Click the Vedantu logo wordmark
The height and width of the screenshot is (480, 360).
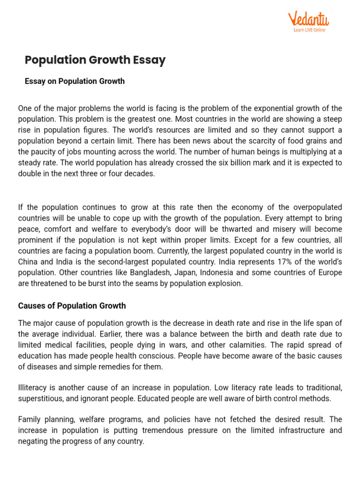pos(308,19)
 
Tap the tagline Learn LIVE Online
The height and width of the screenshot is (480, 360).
pos(309,30)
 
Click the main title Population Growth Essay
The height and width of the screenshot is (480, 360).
pos(95,60)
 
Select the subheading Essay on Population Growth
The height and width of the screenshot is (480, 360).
pos(75,81)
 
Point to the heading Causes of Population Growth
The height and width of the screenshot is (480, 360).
pos(72,306)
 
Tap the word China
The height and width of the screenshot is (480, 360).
pos(28,262)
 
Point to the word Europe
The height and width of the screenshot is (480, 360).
pos(330,272)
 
